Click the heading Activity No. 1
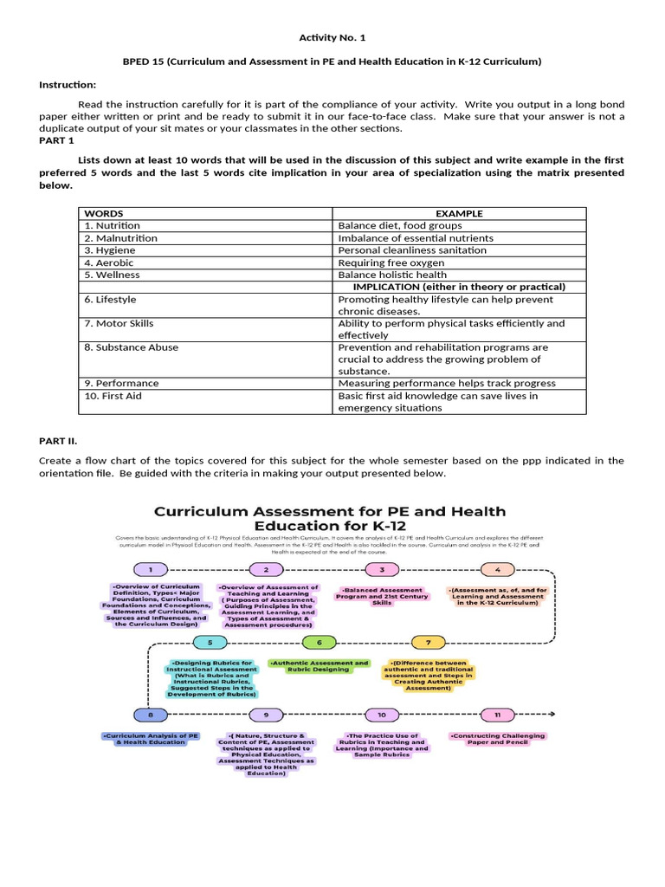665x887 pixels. (332, 39)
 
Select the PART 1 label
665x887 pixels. (57, 139)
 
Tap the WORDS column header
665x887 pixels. (104, 213)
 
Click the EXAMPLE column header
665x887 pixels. (459, 213)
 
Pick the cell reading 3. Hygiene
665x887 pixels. (110, 250)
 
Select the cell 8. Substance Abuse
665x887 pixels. (132, 347)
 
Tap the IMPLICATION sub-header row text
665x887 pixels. (459, 287)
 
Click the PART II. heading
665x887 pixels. (59, 440)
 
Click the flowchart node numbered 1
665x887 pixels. (151, 569)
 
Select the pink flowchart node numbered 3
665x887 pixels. (382, 569)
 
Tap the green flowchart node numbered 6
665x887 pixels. (320, 642)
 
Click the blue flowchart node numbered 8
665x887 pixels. (151, 715)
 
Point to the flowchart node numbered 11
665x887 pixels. (497, 715)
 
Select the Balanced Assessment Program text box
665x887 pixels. (382, 596)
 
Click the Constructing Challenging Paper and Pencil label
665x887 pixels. (497, 739)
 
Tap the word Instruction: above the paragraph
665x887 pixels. (68, 84)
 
